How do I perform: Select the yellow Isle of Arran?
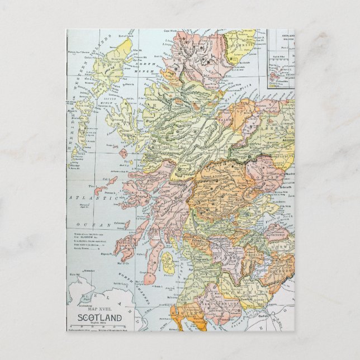pos(166,259)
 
